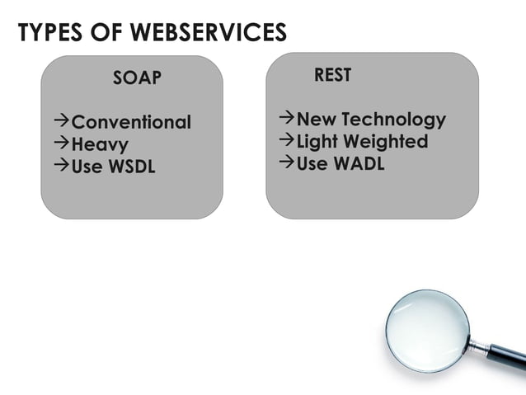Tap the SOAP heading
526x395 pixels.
(137, 79)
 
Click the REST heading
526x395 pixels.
(333, 75)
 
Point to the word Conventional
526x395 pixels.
(131, 123)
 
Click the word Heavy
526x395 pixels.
(100, 145)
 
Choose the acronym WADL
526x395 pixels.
(359, 163)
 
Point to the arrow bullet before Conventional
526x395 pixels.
(61, 123)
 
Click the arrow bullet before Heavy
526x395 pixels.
(61, 145)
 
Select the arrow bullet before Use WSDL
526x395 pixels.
(61, 167)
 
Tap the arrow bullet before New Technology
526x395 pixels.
(286, 120)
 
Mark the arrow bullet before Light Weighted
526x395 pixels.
(286, 141)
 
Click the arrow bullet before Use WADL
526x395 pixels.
(286, 162)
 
